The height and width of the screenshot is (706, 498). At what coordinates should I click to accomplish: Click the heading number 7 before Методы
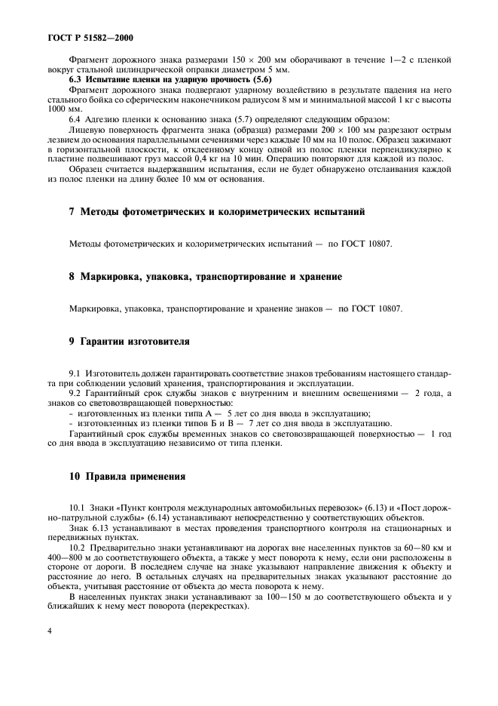(x=72, y=212)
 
